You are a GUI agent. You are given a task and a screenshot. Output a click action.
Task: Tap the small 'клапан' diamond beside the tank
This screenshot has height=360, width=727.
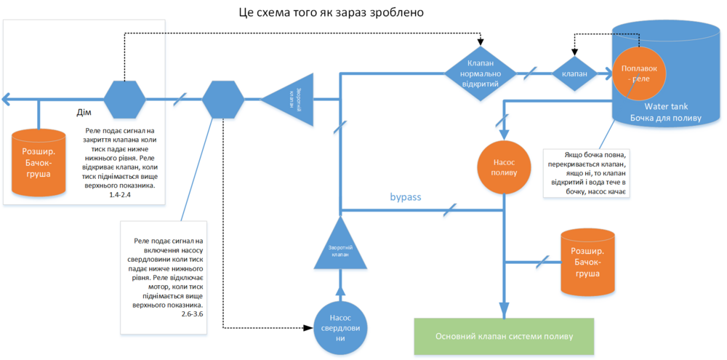[574, 73]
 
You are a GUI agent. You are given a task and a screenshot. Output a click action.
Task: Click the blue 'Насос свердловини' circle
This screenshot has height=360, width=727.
[340, 328]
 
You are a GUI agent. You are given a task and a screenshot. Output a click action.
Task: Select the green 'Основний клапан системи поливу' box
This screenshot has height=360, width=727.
[504, 337]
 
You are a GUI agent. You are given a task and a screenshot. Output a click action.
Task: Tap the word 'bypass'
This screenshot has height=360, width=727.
[406, 197]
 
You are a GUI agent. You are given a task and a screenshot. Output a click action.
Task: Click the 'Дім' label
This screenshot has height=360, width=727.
[84, 112]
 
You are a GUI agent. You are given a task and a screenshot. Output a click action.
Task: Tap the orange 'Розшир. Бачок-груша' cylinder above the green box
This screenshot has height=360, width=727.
[587, 263]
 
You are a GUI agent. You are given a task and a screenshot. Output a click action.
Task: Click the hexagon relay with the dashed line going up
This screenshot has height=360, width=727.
[124, 99]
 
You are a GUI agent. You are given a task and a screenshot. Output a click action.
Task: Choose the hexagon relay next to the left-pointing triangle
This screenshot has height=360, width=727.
[222, 99]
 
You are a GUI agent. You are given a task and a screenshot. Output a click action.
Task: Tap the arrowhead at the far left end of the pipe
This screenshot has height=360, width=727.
[6, 99]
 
